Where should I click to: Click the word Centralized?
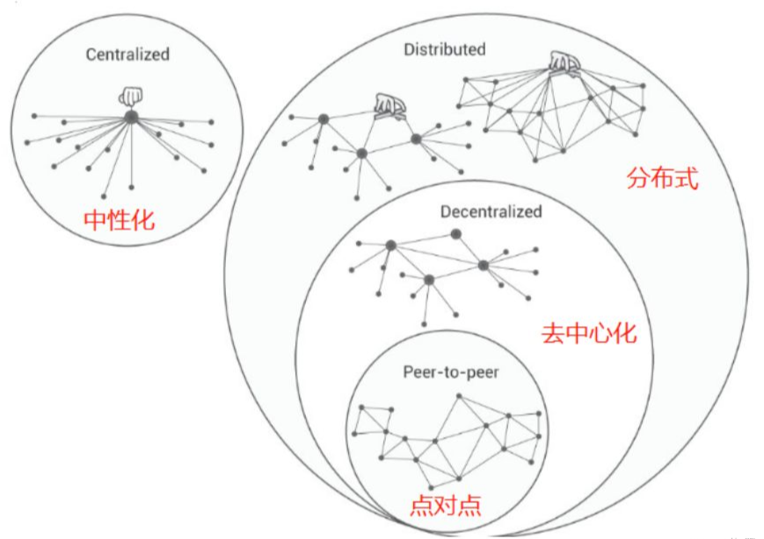127,55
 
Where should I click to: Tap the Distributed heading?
445,49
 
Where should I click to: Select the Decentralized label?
491,212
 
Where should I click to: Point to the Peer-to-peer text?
451,372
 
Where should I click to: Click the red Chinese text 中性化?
120,221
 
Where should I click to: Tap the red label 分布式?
662,178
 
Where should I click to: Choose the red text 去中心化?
589,334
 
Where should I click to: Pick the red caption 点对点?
446,506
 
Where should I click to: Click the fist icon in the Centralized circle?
131,97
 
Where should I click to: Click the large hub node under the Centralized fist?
131,117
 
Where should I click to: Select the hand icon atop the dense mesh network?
565,64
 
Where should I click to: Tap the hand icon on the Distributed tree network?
389,107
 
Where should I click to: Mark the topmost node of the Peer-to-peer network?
459,397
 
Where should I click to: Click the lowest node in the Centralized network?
103,196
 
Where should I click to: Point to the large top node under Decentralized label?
455,235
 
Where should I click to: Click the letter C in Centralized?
91,55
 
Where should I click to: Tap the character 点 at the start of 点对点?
421,506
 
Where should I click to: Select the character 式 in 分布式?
687,178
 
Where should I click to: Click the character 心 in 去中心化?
601,334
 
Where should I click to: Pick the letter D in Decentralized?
446,212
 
